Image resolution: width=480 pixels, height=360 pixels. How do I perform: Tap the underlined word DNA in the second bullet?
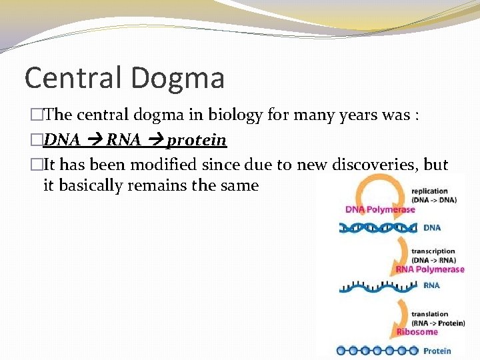(x=62, y=140)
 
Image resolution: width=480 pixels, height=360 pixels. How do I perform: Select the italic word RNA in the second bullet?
(x=123, y=140)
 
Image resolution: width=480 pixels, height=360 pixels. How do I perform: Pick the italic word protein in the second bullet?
(x=197, y=141)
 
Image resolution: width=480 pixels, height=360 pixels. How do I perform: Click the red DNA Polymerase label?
(x=380, y=209)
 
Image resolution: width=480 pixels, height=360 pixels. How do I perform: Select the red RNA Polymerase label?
(x=430, y=269)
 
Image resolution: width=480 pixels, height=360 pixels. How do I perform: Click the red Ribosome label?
(x=417, y=331)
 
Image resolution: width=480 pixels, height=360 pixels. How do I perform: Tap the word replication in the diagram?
(x=429, y=191)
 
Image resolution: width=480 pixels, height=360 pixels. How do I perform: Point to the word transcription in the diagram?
(x=433, y=251)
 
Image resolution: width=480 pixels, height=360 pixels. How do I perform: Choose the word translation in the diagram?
(x=430, y=314)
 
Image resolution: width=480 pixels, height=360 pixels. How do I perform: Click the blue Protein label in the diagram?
(x=437, y=351)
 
